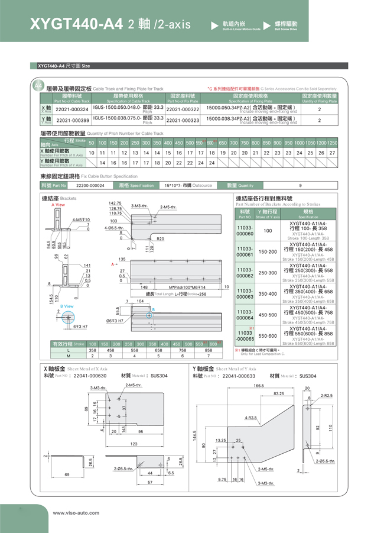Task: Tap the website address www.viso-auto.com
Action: click(x=76, y=513)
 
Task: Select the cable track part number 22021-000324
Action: click(x=71, y=109)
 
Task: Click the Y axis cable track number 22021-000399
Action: click(x=71, y=121)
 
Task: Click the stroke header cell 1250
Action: click(x=332, y=143)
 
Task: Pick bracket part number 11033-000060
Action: click(x=244, y=231)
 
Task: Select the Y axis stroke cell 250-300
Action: click(x=268, y=273)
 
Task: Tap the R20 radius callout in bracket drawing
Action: click(x=160, y=238)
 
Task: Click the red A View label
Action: click(x=58, y=205)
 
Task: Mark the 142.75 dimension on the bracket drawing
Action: click(x=115, y=203)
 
